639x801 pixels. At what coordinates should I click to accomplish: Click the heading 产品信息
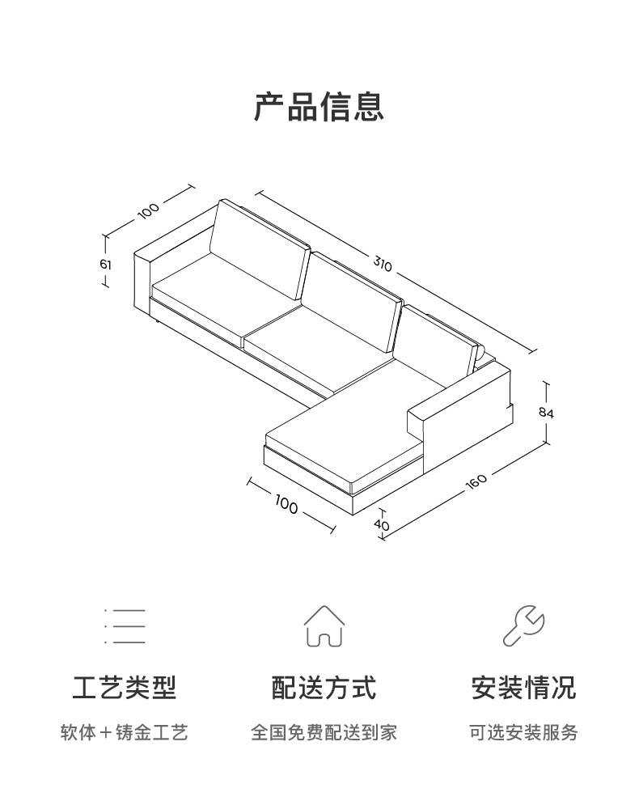319,107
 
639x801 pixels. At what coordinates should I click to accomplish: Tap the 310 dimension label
383,263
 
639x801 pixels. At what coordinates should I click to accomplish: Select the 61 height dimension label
107,264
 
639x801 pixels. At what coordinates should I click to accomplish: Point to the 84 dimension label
546,412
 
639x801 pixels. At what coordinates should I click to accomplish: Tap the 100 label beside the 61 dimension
149,210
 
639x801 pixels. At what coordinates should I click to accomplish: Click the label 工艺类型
124,689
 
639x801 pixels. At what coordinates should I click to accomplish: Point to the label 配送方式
324,689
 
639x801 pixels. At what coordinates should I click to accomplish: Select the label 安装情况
523,689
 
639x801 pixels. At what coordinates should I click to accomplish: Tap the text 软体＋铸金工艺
124,733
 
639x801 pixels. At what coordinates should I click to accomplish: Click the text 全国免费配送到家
324,733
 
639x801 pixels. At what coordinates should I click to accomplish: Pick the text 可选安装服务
523,733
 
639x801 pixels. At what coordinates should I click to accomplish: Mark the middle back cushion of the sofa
356,299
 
